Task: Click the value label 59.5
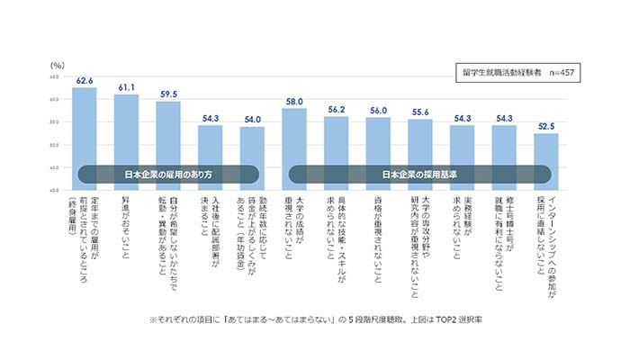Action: (168, 93)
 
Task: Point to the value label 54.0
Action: (253, 118)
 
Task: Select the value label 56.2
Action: (337, 109)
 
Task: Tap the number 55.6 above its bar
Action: (420, 111)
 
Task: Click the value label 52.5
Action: (546, 126)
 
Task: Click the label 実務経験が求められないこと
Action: (463, 234)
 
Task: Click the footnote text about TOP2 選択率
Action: (315, 319)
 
